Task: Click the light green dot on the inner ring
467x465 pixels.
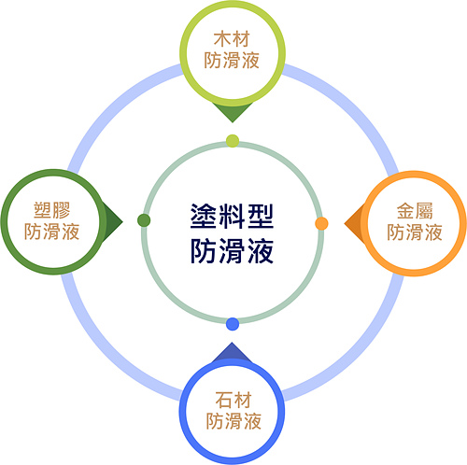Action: click(x=233, y=141)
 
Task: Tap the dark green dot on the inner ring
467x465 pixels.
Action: click(x=144, y=220)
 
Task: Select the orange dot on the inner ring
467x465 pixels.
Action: click(x=321, y=223)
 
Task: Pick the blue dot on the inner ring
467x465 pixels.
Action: click(x=233, y=324)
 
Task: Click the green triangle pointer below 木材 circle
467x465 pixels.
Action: click(x=233, y=113)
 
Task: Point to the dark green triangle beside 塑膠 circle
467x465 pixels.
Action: click(x=113, y=221)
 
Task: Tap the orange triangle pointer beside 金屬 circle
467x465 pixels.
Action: click(x=354, y=223)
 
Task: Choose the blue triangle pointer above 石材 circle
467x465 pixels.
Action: click(x=232, y=352)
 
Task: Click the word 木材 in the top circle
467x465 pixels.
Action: click(x=232, y=39)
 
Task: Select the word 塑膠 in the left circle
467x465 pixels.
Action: click(x=52, y=210)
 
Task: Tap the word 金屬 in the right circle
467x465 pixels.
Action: click(x=415, y=211)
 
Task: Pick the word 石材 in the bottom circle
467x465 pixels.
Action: click(x=233, y=400)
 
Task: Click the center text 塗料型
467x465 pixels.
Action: click(x=232, y=217)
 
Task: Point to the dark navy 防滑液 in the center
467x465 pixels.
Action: click(x=232, y=251)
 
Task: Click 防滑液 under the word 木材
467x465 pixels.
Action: click(x=232, y=60)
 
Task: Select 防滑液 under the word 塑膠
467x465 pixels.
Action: click(x=52, y=232)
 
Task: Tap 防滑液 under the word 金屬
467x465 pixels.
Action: click(x=415, y=232)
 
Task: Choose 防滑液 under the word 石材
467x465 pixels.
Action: click(x=233, y=421)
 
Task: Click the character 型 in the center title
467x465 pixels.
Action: click(x=261, y=217)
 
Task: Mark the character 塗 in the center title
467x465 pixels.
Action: click(x=204, y=217)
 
